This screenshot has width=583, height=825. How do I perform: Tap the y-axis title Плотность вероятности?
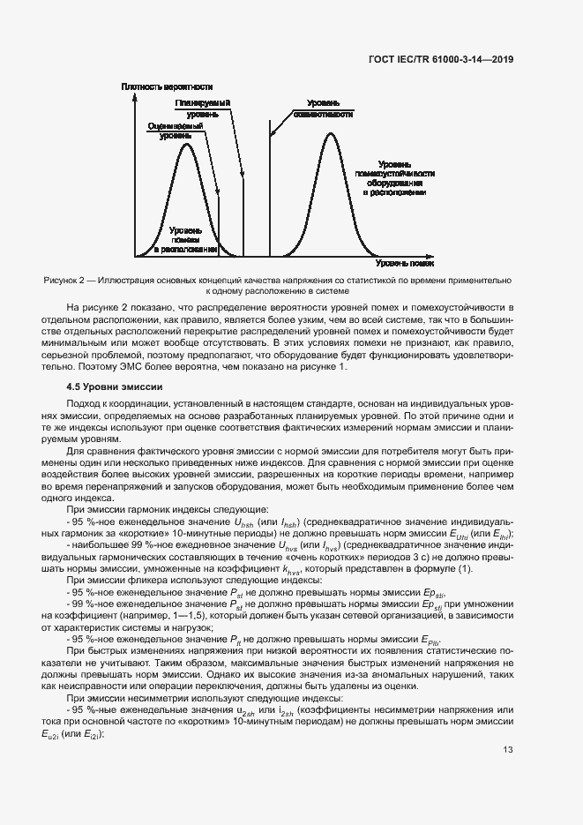tap(168, 86)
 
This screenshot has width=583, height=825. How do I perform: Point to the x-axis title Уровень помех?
tap(405, 263)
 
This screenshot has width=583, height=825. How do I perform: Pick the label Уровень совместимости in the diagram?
tap(325, 109)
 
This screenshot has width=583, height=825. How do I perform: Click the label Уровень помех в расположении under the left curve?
tap(186, 239)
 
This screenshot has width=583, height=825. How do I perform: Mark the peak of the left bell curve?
tap(185, 143)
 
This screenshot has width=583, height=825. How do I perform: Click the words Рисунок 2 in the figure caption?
tap(63, 279)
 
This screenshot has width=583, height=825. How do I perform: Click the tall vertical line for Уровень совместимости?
tap(270, 194)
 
